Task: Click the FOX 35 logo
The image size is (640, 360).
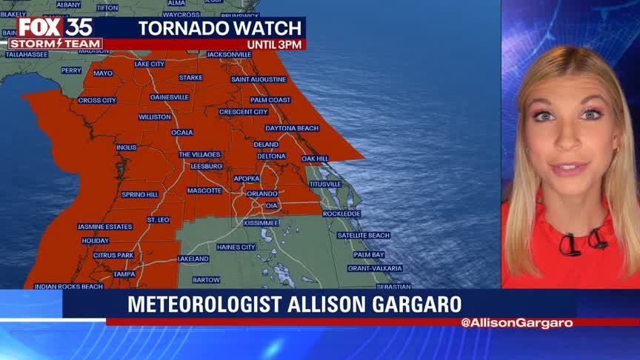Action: [56, 27]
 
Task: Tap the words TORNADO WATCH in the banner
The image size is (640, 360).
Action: [220, 29]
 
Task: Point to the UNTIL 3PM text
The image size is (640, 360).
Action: [274, 45]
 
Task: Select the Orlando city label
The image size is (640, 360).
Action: [262, 193]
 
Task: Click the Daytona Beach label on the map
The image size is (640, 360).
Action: [292, 128]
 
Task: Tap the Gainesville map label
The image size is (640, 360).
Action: [170, 97]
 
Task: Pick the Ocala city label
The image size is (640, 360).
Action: [182, 133]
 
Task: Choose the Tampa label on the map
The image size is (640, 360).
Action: [124, 274]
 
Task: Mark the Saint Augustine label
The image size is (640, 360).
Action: [258, 79]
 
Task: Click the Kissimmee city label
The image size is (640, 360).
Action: [261, 222]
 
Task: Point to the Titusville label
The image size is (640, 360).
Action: [325, 184]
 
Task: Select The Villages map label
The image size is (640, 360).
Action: [200, 154]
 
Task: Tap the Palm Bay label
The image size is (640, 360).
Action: [368, 255]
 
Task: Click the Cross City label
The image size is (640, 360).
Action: [97, 100]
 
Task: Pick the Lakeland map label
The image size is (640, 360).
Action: [193, 259]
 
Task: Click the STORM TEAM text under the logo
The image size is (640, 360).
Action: [56, 44]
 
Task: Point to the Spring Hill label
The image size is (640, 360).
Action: [140, 194]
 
